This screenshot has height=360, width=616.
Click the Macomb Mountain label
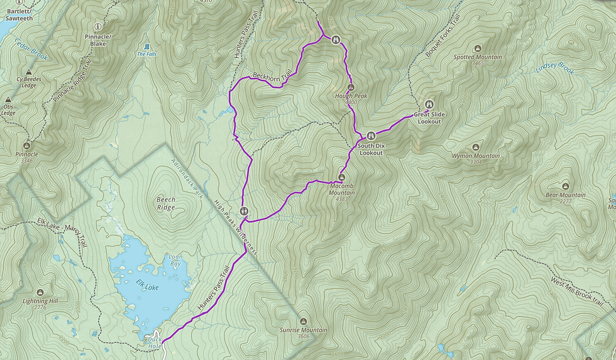coord(341,189)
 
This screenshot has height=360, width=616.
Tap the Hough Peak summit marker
coord(351,87)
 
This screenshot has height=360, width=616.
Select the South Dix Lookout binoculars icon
coord(371,135)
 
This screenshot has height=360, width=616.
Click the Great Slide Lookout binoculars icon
coord(430,104)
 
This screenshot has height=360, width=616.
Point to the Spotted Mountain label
coord(478,57)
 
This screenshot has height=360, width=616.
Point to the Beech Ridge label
coord(166,203)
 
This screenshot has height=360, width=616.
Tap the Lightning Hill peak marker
coord(40,293)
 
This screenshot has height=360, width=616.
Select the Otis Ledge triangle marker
coord(8,100)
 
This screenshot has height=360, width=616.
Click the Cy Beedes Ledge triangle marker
coord(28,73)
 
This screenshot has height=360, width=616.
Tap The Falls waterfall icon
coord(146,46)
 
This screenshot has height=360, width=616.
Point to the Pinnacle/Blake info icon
coord(98,27)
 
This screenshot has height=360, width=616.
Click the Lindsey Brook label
coord(554,68)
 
